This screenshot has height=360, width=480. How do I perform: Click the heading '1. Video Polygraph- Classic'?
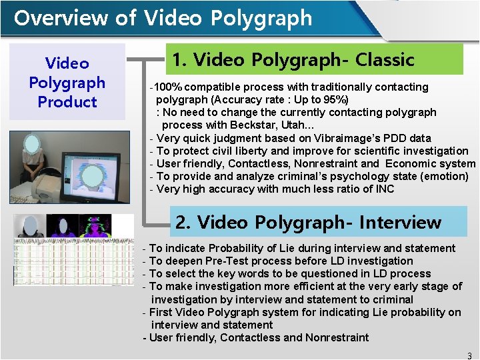293,60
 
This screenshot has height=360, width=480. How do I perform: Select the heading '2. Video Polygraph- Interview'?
308,222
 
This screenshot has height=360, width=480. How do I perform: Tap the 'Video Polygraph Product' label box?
67,83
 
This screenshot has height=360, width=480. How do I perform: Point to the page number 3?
469,355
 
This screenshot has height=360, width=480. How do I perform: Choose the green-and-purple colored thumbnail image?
95,225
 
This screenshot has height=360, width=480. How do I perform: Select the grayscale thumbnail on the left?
30,225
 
